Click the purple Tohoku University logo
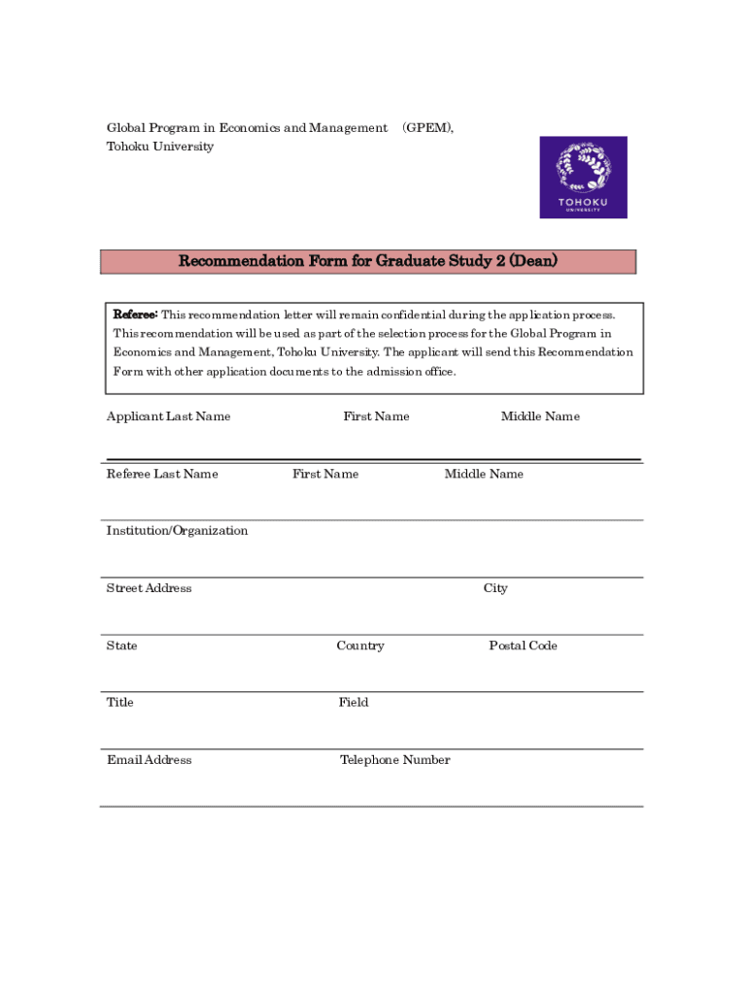pos(583,177)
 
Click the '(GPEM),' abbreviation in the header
pos(427,128)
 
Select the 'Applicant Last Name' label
pos(168,416)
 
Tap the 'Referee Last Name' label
pos(162,474)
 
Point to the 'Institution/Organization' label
pos(177,530)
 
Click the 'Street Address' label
pos(149,588)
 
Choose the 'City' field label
pos(495,588)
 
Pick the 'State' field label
pos(121,646)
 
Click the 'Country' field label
pos(360,646)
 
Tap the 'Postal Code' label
pos(523,646)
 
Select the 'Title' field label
pos(119,702)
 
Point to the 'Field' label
pos(354,702)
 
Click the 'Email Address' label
pos(149,760)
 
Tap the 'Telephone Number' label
pos(394,760)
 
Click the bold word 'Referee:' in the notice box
pos(135,315)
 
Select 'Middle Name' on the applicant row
pos(540,416)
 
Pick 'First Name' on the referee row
pos(325,474)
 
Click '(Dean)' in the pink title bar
pos(533,261)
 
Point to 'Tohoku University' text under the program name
pos(159,147)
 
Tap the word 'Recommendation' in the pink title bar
pos(241,261)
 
